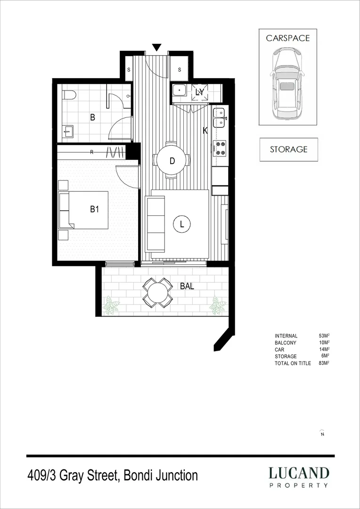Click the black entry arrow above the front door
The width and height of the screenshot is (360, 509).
157,47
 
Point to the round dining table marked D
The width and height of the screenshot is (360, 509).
172,161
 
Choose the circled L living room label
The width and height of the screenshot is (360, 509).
182,225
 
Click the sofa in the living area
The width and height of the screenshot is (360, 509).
155,224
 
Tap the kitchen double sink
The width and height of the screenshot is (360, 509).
220,118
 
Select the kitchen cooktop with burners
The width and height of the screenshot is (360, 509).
220,148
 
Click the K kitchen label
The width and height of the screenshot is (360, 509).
205,131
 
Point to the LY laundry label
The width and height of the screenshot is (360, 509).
200,92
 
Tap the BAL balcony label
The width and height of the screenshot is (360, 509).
187,286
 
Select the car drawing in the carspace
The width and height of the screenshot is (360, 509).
287,85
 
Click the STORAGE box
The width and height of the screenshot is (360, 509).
288,149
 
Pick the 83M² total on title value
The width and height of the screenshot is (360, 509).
324,363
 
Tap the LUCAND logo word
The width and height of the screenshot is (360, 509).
299,473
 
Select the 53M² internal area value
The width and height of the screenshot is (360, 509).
324,336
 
